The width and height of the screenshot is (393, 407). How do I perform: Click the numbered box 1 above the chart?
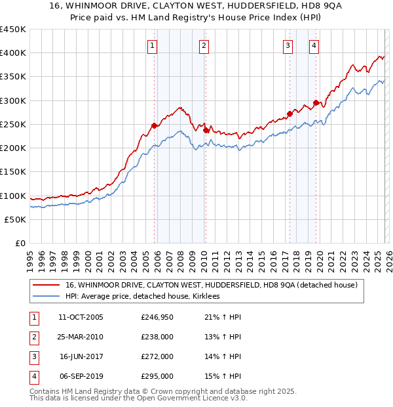tap(152, 45)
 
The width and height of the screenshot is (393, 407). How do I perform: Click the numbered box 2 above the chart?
tap(204, 45)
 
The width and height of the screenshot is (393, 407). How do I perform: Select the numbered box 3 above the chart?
tap(288, 45)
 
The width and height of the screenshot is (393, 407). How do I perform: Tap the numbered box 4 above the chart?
tap(314, 45)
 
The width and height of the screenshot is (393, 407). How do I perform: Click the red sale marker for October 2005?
tap(155, 125)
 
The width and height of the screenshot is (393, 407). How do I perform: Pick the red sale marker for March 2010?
tap(206, 130)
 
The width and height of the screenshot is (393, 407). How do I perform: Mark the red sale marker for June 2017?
tap(290, 114)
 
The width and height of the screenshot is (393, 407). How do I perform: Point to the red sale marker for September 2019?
tap(316, 102)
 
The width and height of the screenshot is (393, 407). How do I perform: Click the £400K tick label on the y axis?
tap(12, 53)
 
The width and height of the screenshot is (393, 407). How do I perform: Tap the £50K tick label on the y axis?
tap(15, 220)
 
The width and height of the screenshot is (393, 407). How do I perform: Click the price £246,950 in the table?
tap(157, 317)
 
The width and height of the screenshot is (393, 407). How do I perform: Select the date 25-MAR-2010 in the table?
tap(81, 337)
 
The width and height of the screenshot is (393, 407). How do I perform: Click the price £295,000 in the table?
tap(157, 376)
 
